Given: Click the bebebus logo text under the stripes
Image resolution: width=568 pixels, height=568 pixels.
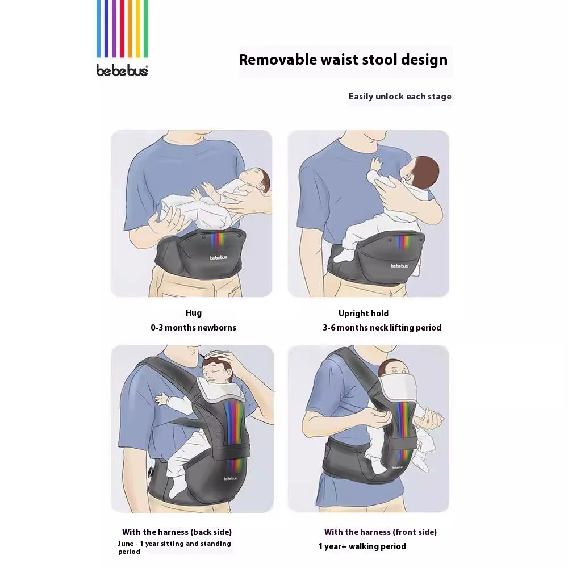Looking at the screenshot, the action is coord(122,70).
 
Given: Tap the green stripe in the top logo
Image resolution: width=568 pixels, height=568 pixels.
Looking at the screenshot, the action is coord(145,28).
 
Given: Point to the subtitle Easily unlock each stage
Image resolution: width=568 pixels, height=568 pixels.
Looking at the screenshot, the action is coord(400,97).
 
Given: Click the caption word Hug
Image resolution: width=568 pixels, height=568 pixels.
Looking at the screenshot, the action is coord(194,313).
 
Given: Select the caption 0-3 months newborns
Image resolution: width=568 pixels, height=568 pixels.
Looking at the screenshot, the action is coord(194,328).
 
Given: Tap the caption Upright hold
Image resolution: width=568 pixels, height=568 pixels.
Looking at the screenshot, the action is coord(364,314).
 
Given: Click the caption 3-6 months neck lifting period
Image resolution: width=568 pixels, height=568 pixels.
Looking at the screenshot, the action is coord(382,328).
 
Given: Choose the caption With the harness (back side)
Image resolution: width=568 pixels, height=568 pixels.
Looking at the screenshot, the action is coord(177,532).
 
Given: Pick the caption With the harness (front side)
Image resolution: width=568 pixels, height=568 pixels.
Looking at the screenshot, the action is coord(381,532).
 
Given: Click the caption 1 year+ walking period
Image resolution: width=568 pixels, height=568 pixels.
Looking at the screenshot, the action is coord(362,546).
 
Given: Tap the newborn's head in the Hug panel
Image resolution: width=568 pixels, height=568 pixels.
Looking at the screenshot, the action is coord(257,179).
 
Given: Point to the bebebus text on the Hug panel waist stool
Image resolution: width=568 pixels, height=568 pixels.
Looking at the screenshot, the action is coord(219,258).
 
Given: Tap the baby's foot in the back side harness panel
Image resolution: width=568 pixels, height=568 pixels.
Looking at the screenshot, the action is coord(177,487).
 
